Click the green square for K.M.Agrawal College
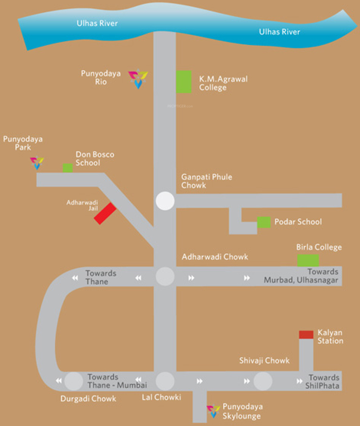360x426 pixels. point(184,82)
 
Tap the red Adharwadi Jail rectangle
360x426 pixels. point(105,213)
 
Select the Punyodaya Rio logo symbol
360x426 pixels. point(138,78)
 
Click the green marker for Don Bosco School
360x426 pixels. point(68,168)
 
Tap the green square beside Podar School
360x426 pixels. point(264,222)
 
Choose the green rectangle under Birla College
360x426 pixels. point(308,260)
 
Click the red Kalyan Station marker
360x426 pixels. point(306,334)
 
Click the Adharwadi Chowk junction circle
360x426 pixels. point(165,276)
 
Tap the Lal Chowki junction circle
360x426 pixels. point(165,381)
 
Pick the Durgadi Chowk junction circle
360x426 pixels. point(74,381)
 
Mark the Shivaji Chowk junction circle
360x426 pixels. point(263,381)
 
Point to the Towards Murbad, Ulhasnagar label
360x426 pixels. point(301,276)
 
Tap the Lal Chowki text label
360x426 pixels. point(162,397)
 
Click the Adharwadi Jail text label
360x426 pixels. point(82,205)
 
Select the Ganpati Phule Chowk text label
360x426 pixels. point(206,181)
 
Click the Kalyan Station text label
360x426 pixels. point(330,336)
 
